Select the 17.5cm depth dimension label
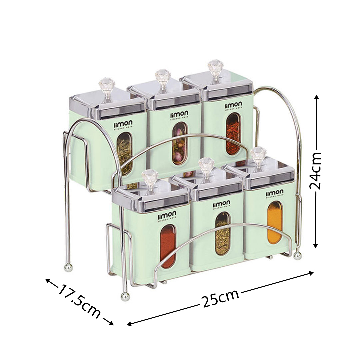pyautogui.click(x=80, y=301)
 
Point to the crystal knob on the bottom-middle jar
pyautogui.click(x=206, y=165)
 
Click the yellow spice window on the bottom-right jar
pyautogui.click(x=275, y=222)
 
